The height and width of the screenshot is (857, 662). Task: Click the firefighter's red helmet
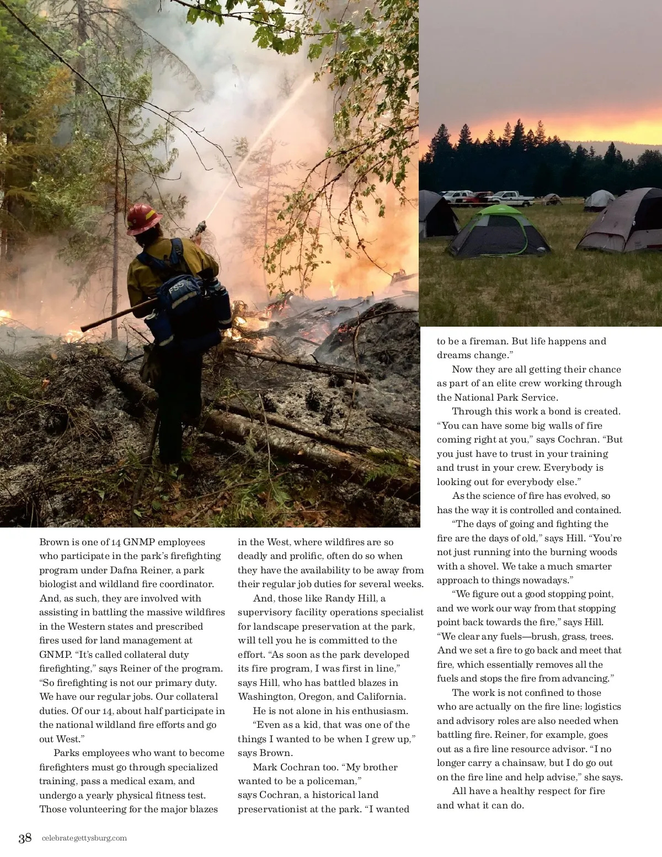(143, 218)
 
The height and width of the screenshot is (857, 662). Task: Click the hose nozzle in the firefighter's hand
(200, 227)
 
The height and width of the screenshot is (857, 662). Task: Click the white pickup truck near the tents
(511, 198)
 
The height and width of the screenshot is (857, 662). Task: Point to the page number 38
(25, 838)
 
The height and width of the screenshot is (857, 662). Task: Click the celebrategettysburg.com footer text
(84, 838)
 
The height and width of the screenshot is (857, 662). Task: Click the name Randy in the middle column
(339, 598)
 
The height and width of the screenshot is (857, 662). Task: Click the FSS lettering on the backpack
(176, 288)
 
